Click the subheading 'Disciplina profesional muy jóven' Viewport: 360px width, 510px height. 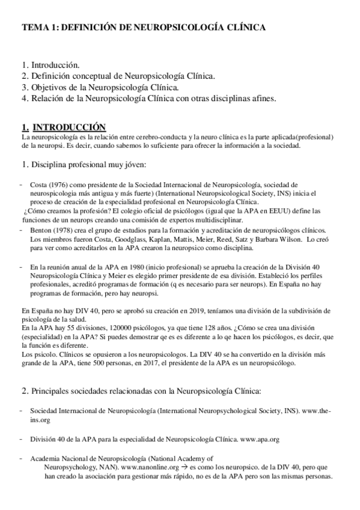click(x=88, y=165)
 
